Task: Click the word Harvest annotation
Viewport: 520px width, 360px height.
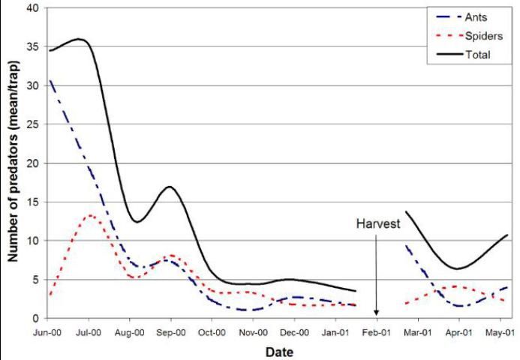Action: point(376,224)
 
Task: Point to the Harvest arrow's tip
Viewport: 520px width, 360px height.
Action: point(376,315)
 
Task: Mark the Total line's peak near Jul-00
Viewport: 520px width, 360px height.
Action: point(79,39)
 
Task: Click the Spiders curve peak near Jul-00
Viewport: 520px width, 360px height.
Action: point(90,215)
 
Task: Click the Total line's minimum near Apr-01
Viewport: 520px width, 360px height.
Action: point(460,268)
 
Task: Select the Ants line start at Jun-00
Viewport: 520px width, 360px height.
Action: point(50,80)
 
